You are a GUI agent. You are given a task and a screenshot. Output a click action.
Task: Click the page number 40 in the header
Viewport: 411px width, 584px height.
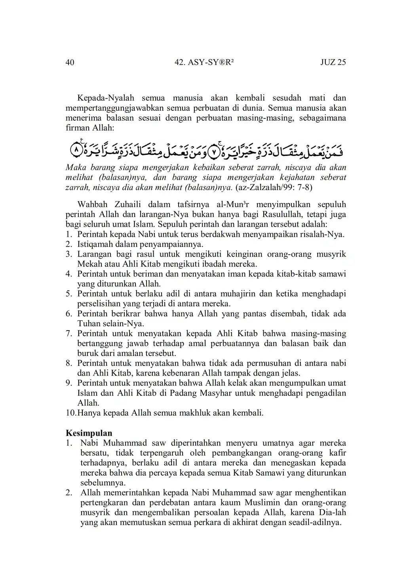pos(70,62)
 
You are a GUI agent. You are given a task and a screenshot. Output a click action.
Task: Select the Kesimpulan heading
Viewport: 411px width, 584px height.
pos(89,433)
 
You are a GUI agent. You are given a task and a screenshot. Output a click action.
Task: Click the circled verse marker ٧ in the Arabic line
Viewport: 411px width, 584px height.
pos(213,151)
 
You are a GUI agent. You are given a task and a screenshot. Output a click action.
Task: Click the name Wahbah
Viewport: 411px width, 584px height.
pos(93,204)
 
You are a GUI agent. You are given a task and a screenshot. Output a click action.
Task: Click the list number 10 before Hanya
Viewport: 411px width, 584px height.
pos(70,413)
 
